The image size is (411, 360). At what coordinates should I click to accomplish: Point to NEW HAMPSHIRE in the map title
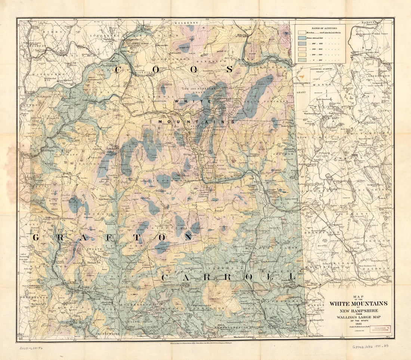click(358, 311)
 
